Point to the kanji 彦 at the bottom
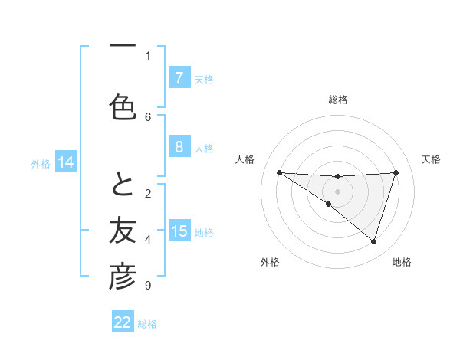123,277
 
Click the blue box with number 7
179,77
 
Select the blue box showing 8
179,147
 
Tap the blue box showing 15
179,231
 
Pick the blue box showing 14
65,162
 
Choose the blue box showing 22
123,322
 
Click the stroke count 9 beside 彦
147,286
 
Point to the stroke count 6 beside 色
148,116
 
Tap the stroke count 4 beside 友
148,240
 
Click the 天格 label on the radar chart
432,159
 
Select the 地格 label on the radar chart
402,263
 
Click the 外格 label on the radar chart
270,263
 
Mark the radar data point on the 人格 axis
279,172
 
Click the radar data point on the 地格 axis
373,242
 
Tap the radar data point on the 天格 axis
396,172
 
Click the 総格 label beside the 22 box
147,324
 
